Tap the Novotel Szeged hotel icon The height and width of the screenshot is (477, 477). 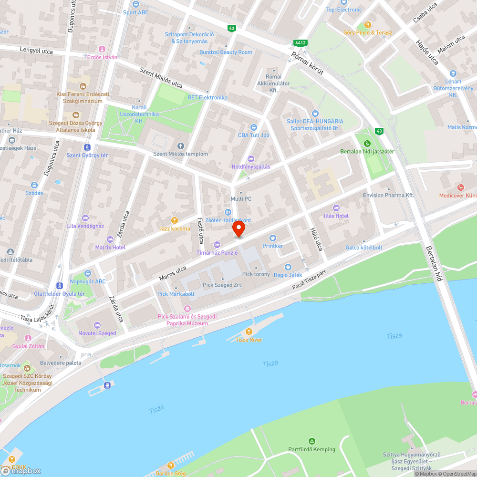[97, 324]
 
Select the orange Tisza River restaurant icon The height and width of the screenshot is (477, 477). [249, 331]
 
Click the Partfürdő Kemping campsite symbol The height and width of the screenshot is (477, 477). [311, 441]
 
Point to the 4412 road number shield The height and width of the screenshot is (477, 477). [300, 43]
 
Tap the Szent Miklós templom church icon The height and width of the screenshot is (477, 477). [180, 145]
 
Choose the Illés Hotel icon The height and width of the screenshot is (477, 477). [336, 207]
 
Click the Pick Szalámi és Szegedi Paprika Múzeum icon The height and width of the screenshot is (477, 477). [187, 308]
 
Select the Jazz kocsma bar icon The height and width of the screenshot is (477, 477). [175, 220]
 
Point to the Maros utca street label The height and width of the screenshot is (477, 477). [172, 272]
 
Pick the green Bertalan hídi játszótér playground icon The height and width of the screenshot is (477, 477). [367, 144]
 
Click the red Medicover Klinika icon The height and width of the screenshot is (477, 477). [460, 187]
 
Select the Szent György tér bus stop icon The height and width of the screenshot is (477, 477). [87, 147]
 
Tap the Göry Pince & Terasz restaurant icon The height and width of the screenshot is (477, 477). [367, 24]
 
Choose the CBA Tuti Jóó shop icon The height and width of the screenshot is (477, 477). [253, 127]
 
